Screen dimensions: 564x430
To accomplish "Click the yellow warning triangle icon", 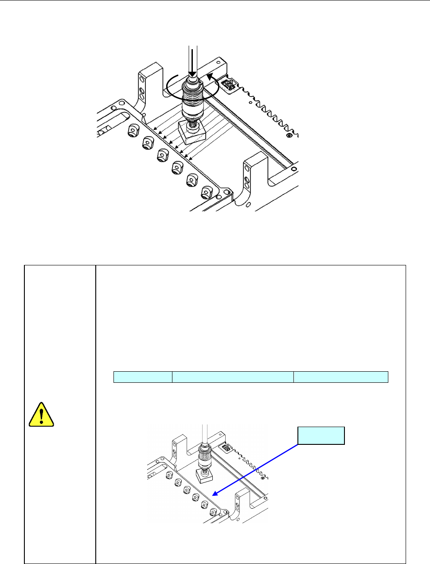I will (x=41, y=415).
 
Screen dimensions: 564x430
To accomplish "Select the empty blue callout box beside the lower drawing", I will (x=321, y=436).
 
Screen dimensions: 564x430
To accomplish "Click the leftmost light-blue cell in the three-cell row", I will (x=143, y=377).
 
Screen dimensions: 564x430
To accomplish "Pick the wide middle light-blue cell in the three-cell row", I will (x=233, y=377).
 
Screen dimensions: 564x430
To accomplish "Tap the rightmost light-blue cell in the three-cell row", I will (x=341, y=377).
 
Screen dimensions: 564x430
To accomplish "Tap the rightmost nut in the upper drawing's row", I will (x=207, y=192).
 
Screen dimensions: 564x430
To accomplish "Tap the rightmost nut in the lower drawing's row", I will (x=214, y=513).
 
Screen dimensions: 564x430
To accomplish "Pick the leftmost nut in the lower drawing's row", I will (x=169, y=475).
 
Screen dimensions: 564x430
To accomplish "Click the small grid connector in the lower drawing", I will (x=227, y=448).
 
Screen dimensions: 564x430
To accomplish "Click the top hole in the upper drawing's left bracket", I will (x=141, y=80).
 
